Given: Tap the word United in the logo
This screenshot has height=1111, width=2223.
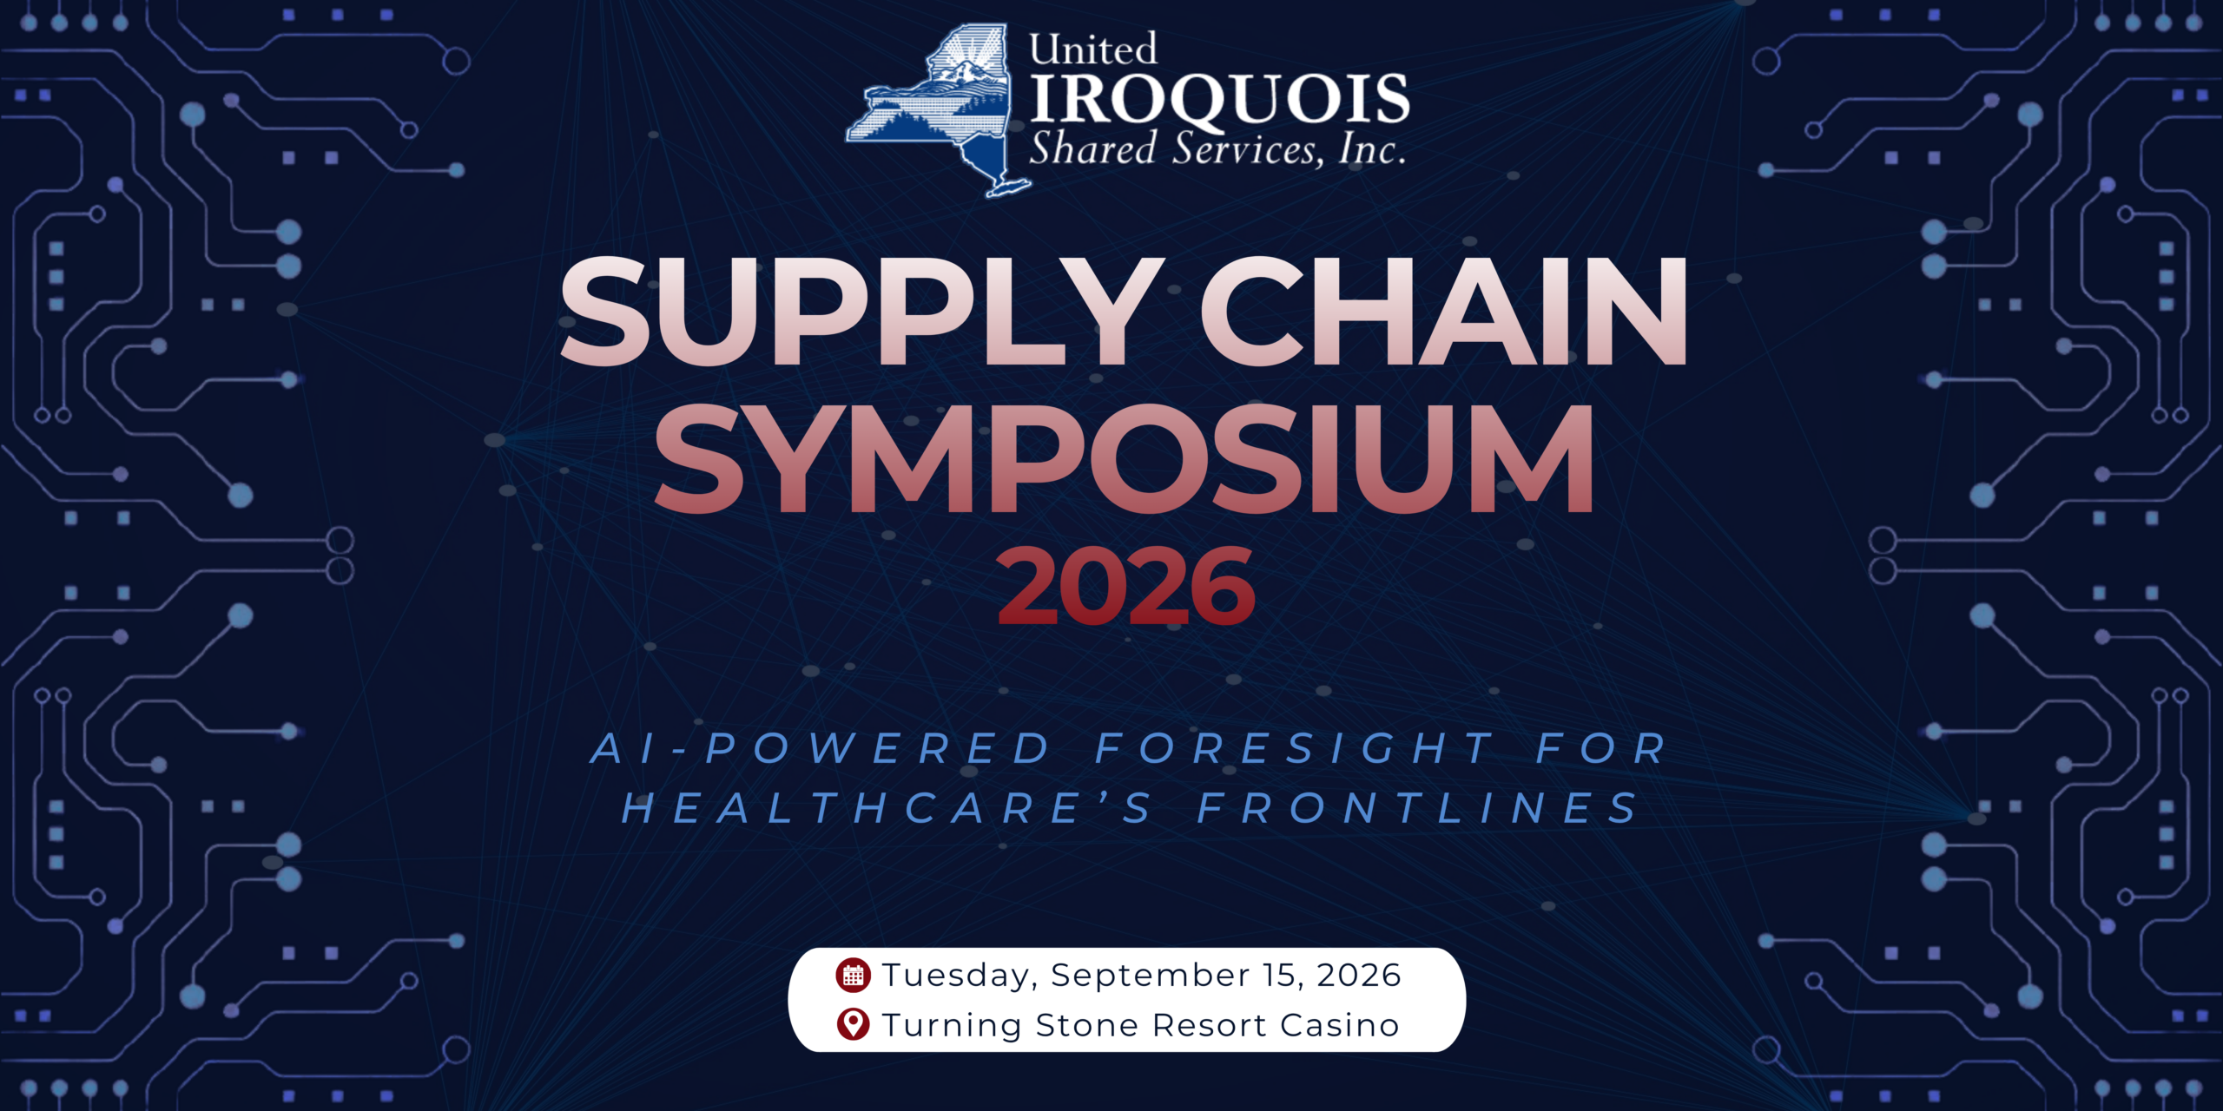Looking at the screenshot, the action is pyautogui.click(x=1093, y=49).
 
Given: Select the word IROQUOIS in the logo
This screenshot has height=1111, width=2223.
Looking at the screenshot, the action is pyautogui.click(x=1219, y=100).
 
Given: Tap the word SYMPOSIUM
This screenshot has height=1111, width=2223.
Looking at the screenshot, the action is pyautogui.click(x=1124, y=460).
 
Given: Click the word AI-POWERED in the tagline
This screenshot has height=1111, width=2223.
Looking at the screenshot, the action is pyautogui.click(x=821, y=748).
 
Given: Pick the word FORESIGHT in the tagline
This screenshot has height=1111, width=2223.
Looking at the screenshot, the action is pyautogui.click(x=1294, y=748).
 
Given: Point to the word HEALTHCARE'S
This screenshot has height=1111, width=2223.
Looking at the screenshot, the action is pyautogui.click(x=887, y=808).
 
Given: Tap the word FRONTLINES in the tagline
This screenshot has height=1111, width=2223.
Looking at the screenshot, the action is pyautogui.click(x=1418, y=808).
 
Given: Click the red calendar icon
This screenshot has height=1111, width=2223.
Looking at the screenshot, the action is pyautogui.click(x=853, y=975).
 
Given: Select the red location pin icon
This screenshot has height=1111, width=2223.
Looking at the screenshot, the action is pyautogui.click(x=853, y=1025).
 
